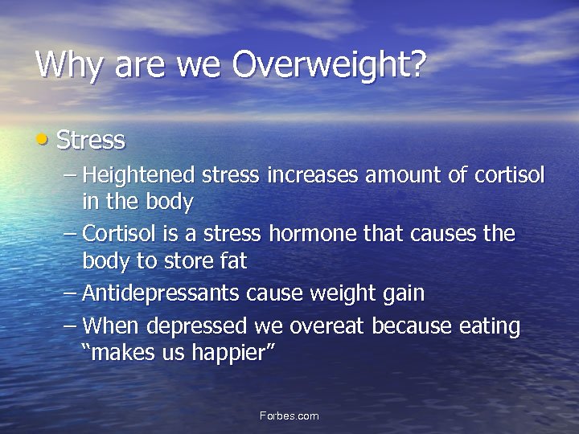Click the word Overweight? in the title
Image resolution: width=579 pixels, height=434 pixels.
(x=329, y=65)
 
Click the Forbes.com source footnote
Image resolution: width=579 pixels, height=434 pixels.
(x=289, y=416)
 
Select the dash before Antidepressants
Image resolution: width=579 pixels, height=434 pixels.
(x=70, y=293)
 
